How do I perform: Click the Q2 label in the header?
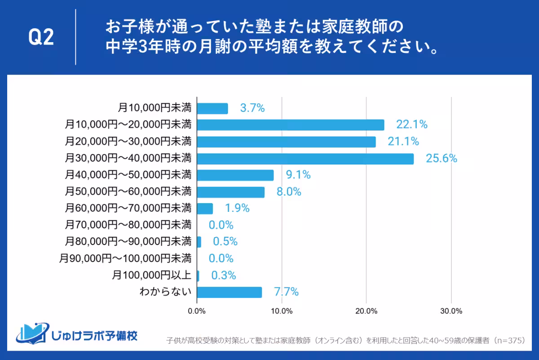pyautogui.click(x=41, y=37)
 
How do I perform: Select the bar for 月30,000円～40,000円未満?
pyautogui.click(x=305, y=158)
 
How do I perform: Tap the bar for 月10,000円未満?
pyautogui.click(x=212, y=108)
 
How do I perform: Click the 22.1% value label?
pyautogui.click(x=411, y=125)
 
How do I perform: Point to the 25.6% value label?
pyautogui.click(x=442, y=158)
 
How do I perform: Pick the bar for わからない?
pyautogui.click(x=229, y=292)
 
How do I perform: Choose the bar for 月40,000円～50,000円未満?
pyautogui.click(x=235, y=175)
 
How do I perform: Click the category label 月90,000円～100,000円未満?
pyautogui.click(x=125, y=259)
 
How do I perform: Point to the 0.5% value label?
pyautogui.click(x=225, y=242)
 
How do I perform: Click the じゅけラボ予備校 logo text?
pyautogui.click(x=94, y=335)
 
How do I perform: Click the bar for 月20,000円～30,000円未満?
pyautogui.click(x=286, y=142)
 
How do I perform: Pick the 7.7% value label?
pyautogui.click(x=286, y=292)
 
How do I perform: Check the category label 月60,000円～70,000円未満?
pyautogui.click(x=128, y=208)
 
